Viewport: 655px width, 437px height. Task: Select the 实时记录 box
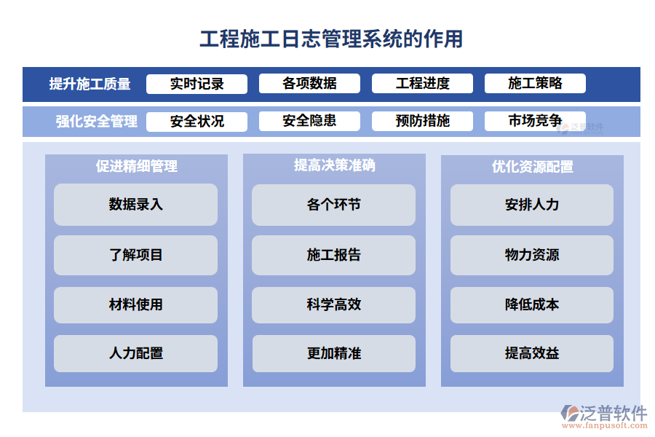196,84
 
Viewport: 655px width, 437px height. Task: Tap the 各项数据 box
309,84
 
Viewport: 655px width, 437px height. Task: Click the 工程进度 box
422,84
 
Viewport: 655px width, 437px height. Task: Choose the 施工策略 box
535,84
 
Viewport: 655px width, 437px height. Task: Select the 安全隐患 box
309,121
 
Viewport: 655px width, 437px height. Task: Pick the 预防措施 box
422,121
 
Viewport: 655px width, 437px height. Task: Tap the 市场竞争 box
535,121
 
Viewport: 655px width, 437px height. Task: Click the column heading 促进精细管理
136,166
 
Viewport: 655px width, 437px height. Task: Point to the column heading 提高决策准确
334,165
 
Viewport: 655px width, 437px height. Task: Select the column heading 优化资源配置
532,167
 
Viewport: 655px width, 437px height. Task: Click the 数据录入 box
136,205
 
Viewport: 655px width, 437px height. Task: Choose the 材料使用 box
136,304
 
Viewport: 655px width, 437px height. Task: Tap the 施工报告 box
334,255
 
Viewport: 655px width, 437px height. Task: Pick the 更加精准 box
334,354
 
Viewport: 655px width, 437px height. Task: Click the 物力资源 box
532,255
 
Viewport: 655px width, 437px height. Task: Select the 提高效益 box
532,354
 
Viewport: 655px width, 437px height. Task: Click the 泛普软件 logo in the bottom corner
603,416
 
